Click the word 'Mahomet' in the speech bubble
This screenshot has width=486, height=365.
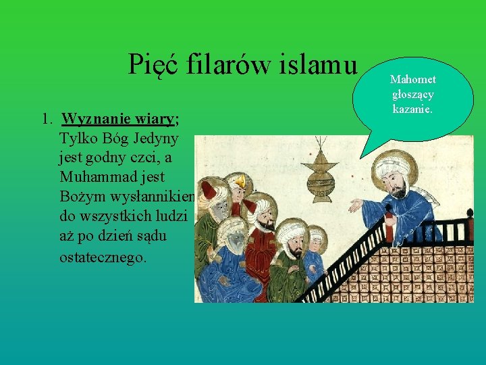click(x=413, y=80)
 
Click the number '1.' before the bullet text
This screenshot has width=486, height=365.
click(x=46, y=120)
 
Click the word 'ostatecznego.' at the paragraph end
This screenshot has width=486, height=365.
click(x=103, y=258)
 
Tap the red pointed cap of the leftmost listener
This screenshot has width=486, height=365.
click(x=209, y=190)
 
